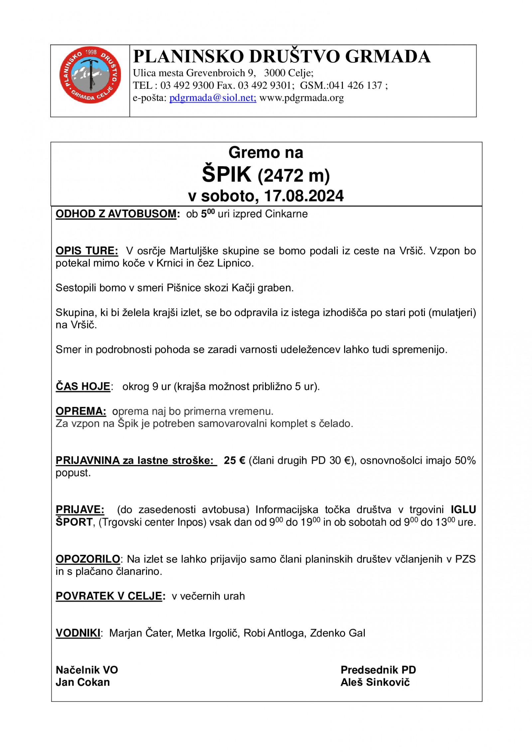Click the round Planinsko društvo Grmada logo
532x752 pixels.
tap(90, 75)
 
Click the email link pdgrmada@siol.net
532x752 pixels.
tap(212, 98)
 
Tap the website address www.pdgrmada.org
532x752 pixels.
tap(301, 98)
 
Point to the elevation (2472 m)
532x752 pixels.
tap(294, 176)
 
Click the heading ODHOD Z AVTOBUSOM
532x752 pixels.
tap(116, 214)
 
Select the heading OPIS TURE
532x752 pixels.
tap(86, 251)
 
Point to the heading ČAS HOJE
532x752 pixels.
tap(83, 386)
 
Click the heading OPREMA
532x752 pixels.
tap(81, 411)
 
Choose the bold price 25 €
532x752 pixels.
tap(234, 461)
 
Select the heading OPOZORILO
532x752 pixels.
tap(88, 559)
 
